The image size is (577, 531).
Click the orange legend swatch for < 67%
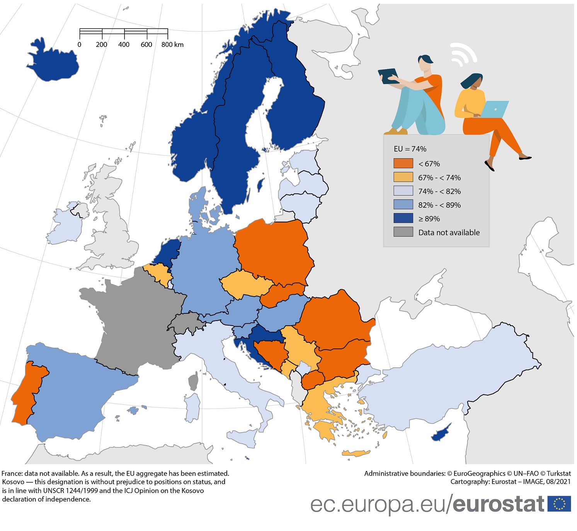403,163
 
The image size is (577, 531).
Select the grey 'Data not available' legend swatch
403,232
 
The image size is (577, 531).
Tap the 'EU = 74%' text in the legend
410,149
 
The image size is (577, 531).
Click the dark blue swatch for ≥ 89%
403,218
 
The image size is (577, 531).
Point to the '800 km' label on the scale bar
172,44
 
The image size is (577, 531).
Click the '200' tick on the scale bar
101,44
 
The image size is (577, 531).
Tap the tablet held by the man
388,76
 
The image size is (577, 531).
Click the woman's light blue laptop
495,109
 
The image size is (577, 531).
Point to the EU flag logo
559,504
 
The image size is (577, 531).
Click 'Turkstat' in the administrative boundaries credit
558,473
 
